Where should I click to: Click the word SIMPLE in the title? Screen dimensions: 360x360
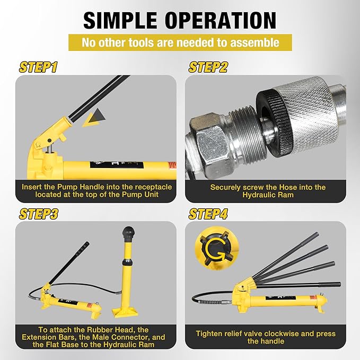click(120, 20)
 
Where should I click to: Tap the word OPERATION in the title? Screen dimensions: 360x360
click(221, 20)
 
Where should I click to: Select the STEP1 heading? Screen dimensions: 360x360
click(38, 67)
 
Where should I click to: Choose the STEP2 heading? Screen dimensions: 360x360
click(208, 67)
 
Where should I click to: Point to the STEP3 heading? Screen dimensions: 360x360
click(38, 214)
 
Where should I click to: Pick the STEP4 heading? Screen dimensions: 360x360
click(208, 214)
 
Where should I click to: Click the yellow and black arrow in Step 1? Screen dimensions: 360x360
click(94, 118)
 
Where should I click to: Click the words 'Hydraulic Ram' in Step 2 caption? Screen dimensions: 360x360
click(268, 195)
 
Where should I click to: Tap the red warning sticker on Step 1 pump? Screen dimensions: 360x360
click(172, 165)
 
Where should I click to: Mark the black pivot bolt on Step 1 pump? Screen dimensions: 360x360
click(49, 141)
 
